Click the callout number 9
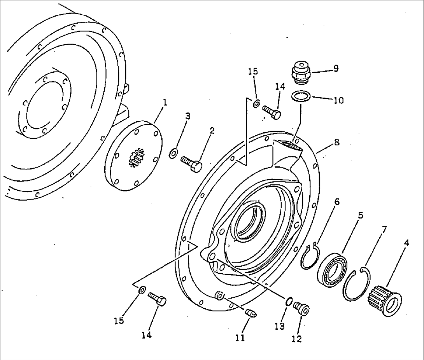pos(336,68)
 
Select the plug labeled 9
pos(301,72)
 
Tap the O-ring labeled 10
pos(301,96)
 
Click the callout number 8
pos(336,142)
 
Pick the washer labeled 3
pos(173,153)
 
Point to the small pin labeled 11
pos(251,313)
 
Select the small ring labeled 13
pos(289,301)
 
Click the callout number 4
pos(406,243)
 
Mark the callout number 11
pos(240,337)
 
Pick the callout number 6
pos(336,202)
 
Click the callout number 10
pos(338,101)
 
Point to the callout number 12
pos(297,339)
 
